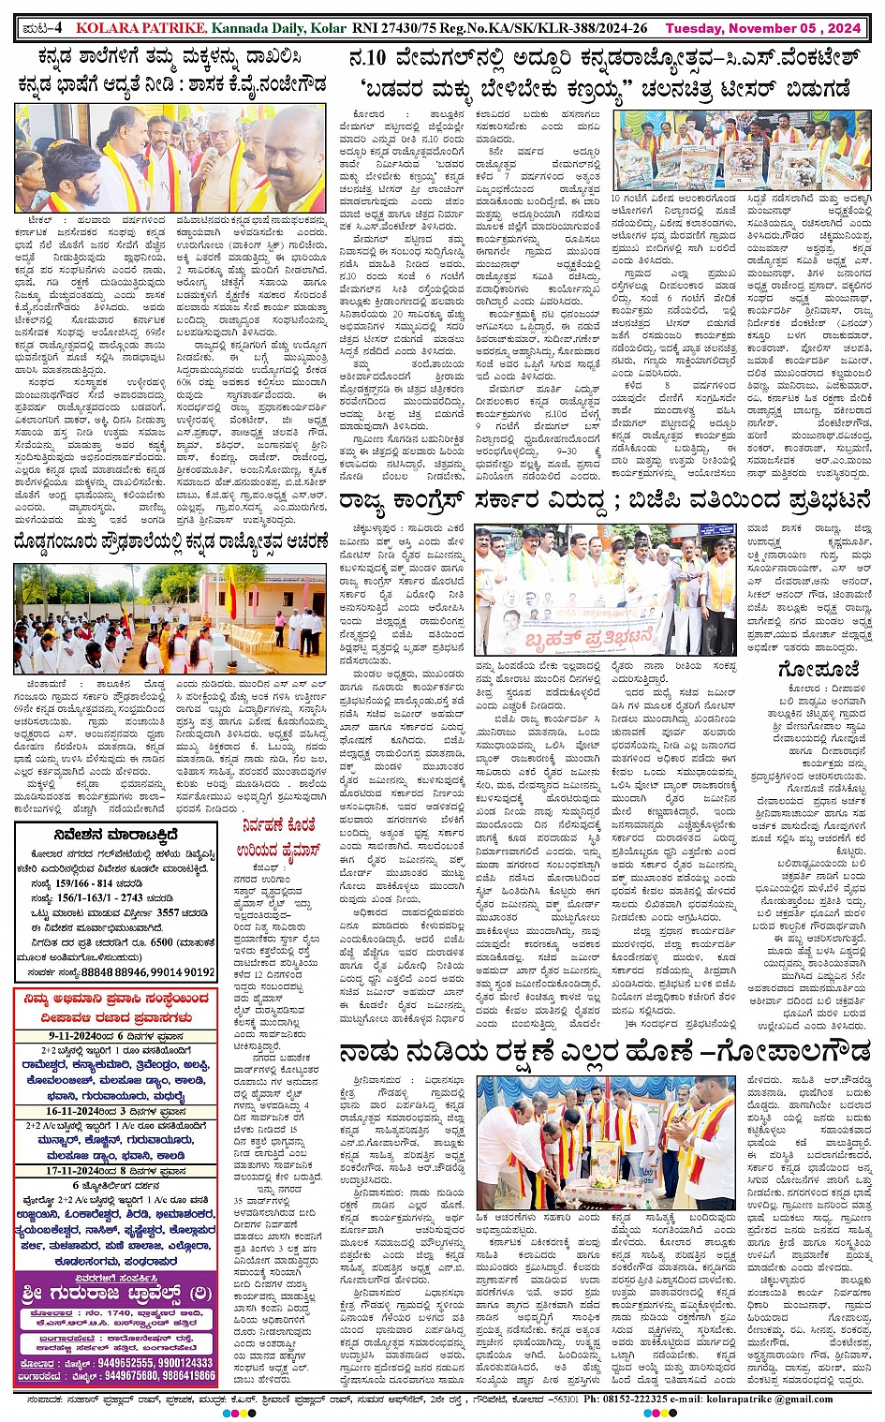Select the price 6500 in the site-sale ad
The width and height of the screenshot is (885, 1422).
tap(162, 942)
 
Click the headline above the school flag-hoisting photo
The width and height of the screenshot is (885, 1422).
tap(171, 543)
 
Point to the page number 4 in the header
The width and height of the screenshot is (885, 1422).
tap(56, 28)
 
